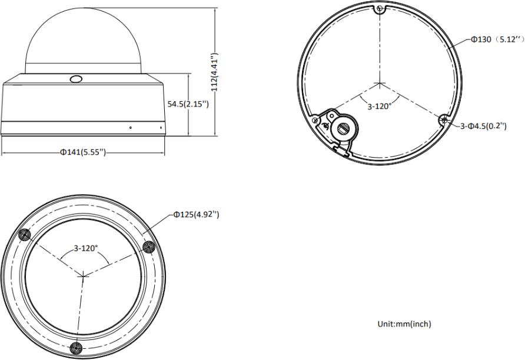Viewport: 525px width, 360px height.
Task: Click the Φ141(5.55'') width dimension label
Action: [83, 152]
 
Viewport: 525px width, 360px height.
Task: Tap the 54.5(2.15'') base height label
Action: [188, 104]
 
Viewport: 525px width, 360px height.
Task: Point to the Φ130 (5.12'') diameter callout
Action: [497, 39]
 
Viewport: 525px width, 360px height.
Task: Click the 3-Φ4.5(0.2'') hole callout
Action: [483, 126]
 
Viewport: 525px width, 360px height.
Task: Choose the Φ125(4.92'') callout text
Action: [196, 215]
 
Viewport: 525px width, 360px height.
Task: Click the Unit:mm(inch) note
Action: [404, 324]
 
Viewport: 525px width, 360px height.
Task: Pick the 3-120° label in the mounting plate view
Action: [380, 106]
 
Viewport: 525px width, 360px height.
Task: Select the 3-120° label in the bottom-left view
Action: [86, 248]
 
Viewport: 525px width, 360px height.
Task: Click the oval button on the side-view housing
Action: [76, 79]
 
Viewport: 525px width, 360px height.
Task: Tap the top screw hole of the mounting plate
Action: [380, 9]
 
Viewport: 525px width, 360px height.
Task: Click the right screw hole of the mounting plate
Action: [444, 119]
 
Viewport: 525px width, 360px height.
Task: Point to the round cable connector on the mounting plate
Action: [343, 128]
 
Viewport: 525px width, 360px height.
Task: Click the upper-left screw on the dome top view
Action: [25, 235]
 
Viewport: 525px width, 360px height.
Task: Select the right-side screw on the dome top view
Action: [148, 247]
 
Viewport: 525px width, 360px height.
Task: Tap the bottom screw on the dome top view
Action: [76, 348]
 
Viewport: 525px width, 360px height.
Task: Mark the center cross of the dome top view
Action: [83, 276]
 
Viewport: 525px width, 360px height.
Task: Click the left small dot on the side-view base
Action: [131, 128]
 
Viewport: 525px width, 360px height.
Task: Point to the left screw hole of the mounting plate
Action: [314, 120]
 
